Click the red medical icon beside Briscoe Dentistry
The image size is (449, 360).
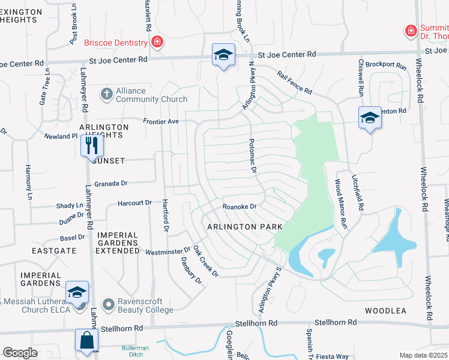point(157,42)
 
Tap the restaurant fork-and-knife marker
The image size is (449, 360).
point(92,145)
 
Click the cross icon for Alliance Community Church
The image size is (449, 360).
point(107,94)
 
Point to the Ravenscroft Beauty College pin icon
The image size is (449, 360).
point(109,305)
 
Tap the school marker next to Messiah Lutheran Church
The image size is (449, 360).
point(77,292)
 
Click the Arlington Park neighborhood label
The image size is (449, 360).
point(244,227)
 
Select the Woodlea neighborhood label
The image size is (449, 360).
point(385,311)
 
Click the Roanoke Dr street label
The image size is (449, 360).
point(240,206)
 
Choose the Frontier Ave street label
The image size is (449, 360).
point(161,121)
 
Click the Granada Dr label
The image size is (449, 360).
point(110,184)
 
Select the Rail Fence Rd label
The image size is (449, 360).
point(294,83)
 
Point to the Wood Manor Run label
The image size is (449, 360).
point(340,205)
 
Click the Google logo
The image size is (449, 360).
point(20,353)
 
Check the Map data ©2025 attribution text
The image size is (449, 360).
point(423,355)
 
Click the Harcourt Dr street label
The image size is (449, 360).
point(135,204)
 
